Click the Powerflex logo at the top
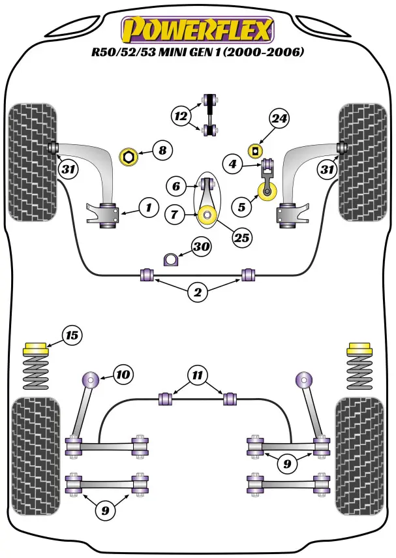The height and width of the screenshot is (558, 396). pos(198,29)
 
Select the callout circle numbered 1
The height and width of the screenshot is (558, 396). pos(148,208)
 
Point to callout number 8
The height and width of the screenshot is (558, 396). pos(162,151)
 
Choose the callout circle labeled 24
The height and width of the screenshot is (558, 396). pos(279,119)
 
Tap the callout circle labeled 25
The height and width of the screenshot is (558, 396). pos(241,238)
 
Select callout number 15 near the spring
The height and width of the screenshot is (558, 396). pos(71,335)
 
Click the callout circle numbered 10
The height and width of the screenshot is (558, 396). pos(123,375)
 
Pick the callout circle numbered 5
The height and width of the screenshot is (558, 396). pos(242,208)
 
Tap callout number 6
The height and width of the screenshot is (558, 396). pos(175,186)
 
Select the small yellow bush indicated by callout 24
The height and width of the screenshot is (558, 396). pos(254,151)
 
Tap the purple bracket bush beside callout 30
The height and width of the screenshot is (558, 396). pos(171,259)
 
